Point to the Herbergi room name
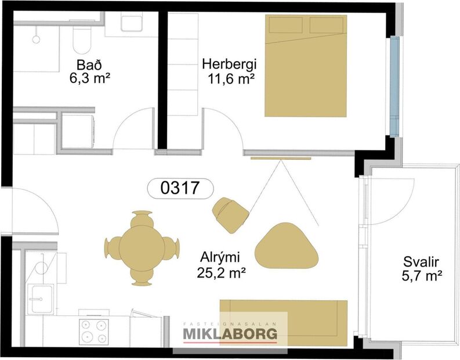[229, 64]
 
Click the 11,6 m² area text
[231, 78]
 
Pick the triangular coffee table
[287, 246]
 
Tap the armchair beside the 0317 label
[230, 214]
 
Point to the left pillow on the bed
[285, 25]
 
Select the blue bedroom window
[395, 86]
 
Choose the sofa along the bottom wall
[282, 322]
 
